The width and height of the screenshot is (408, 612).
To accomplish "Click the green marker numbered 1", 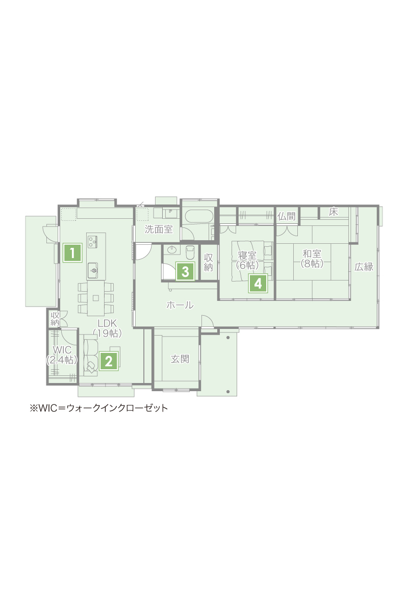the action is point(73,253).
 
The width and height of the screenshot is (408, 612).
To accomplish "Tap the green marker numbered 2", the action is point(109,361).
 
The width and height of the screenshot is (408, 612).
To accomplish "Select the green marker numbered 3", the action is point(185,271).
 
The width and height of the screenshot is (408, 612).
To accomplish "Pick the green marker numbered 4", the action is point(258,284).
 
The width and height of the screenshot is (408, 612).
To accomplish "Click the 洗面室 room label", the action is point(159,229).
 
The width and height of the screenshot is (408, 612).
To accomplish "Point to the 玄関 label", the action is point(180,359).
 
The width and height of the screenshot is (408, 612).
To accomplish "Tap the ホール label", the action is point(180,304).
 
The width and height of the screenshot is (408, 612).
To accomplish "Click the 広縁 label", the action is point(364,267).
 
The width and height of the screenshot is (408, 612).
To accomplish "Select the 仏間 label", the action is point(287,216).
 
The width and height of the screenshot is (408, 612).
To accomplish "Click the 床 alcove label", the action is point(334,212).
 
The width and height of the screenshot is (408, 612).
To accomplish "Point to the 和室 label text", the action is point(312,253).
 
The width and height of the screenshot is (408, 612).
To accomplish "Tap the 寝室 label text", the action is point(247,256).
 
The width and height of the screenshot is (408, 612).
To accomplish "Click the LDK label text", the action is point(107,323).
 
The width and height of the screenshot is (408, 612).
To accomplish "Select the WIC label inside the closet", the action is point(62,350).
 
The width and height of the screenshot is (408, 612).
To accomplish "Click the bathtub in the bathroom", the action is point(199,216).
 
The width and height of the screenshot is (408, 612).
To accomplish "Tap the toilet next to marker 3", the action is point(190,252).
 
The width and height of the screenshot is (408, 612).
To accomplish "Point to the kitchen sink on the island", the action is point(93,270).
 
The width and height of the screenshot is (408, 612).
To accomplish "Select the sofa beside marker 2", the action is point(90,355).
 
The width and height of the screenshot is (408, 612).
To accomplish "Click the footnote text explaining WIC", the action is point(98,408).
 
